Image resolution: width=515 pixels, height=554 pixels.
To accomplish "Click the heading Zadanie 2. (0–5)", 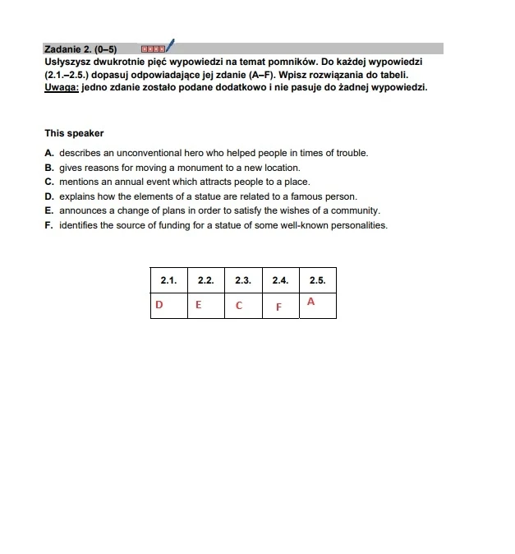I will pos(80,48).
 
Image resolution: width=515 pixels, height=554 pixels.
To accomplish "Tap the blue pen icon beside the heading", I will pos(170,46).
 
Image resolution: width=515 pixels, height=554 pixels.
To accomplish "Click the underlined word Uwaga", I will pos(62,87).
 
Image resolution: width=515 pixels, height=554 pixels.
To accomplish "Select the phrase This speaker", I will pos(74,133).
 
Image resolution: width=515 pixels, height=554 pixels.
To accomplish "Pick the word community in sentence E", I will pos(356,210).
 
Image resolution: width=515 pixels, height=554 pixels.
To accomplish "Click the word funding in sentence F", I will pos(194,225).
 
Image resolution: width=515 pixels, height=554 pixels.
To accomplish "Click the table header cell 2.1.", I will pos(169,280).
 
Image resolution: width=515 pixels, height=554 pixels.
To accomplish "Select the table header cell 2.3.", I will pos(243,280).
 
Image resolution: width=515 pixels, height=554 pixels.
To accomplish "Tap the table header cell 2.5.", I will pos(318,280).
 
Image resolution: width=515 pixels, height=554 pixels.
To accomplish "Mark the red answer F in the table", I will pos(278,307).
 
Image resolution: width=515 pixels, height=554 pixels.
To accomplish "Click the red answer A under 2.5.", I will pos(310,302).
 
